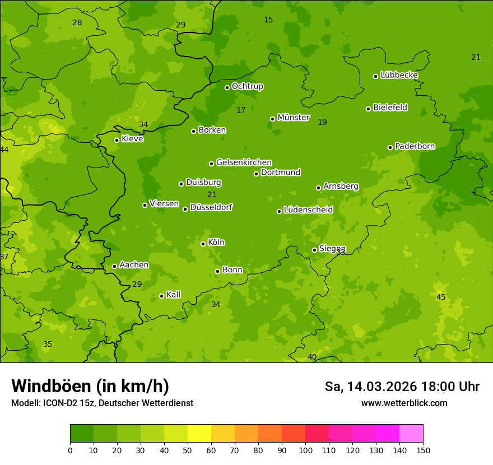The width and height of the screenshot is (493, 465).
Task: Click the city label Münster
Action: click(293, 118)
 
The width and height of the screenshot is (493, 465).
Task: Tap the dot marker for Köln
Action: click(203, 244)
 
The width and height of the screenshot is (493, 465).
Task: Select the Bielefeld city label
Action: click(390, 108)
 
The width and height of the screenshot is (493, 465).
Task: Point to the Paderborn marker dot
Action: click(390, 147)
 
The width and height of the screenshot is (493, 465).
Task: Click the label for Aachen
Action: click(134, 265)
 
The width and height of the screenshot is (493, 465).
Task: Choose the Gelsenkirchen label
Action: click(244, 162)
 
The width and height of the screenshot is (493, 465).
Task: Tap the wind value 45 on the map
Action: click(441, 297)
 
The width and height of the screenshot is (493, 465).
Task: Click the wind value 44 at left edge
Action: click(4, 150)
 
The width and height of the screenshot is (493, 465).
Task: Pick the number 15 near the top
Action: click(268, 20)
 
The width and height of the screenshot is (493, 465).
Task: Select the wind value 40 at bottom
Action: click(312, 357)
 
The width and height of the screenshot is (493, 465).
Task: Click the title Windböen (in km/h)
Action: click(90, 386)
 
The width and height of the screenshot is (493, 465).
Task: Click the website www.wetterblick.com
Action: click(404, 403)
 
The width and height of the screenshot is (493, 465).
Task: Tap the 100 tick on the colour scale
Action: click(305, 450)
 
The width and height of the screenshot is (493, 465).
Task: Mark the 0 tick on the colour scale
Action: click(70, 450)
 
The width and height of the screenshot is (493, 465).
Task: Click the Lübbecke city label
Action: click(399, 75)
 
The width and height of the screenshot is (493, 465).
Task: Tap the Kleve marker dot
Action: click(117, 140)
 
